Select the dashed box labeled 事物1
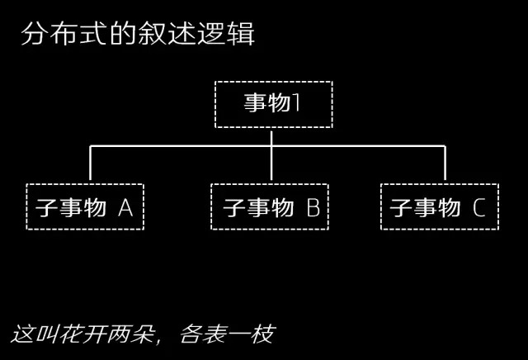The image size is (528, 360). click(272, 104)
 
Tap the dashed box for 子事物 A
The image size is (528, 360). click(85, 206)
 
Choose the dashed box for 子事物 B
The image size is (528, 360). click(270, 206)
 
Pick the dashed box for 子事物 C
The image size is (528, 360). click(439, 206)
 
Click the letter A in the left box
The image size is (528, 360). click(125, 207)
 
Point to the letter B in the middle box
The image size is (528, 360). click(313, 207)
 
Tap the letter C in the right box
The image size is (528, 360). click(479, 207)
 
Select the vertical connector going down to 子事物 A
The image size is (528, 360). click(91, 165)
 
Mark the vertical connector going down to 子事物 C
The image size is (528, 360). click(445, 165)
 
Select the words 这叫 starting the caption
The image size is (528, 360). click(32, 334)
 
